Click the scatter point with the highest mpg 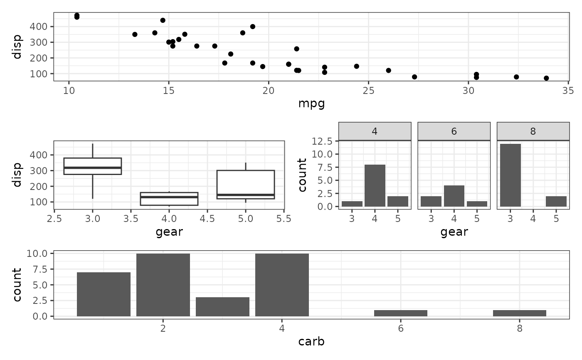click(x=546, y=78)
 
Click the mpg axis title click(x=311, y=104)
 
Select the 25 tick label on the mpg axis click(x=368, y=91)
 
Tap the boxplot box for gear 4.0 click(x=169, y=199)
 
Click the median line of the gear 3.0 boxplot click(x=92, y=168)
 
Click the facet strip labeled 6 click(x=454, y=131)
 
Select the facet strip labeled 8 click(x=533, y=131)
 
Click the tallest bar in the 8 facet click(x=510, y=175)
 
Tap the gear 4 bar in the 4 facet click(x=375, y=185)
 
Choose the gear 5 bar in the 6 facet click(x=477, y=204)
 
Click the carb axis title click(x=311, y=342)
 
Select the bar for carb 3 click(x=222, y=307)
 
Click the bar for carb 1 click(x=104, y=294)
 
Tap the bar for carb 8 click(x=520, y=313)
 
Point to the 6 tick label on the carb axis click(x=401, y=328)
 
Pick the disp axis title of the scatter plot click(x=17, y=47)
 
